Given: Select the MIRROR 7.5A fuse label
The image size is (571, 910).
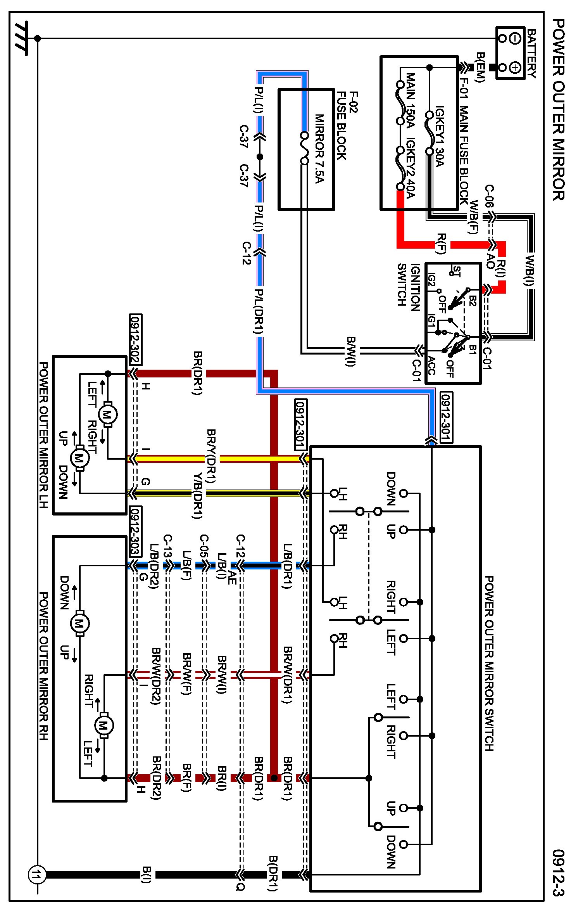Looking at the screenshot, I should coord(319,149).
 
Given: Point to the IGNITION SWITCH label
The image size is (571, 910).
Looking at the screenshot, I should coord(409,285).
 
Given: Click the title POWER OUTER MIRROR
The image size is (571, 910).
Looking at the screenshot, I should coord(558,110).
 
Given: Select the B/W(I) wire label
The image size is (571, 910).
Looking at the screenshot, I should coord(351,351).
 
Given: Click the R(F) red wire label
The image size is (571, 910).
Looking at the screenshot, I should coord(441,244).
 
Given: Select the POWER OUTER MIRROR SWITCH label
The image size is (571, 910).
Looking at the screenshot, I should coord(489,663).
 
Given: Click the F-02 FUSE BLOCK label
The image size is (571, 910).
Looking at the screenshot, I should coord(347,125).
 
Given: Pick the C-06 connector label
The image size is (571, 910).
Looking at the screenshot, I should coord(490,197).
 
